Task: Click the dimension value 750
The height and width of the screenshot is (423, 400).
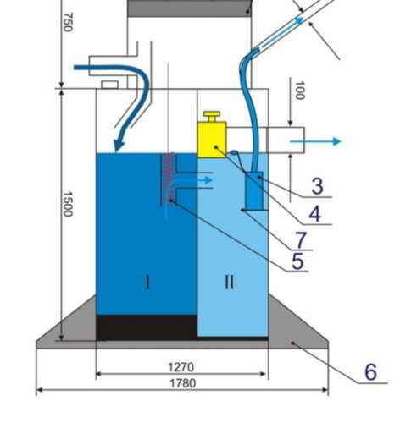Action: pyautogui.click(x=68, y=22)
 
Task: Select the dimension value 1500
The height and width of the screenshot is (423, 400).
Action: pyautogui.click(x=68, y=204)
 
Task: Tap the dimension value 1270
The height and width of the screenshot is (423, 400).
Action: pyautogui.click(x=181, y=367)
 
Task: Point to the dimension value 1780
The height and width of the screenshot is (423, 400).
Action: pyautogui.click(x=182, y=383)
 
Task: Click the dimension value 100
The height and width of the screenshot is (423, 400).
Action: pyautogui.click(x=300, y=91)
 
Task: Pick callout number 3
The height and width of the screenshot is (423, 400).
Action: pyautogui.click(x=318, y=186)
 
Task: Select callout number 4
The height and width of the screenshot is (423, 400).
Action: pyautogui.click(x=315, y=214)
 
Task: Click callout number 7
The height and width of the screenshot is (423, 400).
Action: pyautogui.click(x=301, y=239)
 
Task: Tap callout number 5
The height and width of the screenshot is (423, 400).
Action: pyautogui.click(x=297, y=261)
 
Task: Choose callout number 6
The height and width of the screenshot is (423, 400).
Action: pyautogui.click(x=371, y=371)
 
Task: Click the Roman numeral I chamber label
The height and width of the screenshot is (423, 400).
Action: pyautogui.click(x=147, y=283)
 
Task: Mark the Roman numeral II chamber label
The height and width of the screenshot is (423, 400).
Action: pyautogui.click(x=230, y=282)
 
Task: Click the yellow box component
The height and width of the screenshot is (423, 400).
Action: pyautogui.click(x=212, y=140)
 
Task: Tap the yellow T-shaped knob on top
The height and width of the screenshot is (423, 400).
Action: pyautogui.click(x=212, y=116)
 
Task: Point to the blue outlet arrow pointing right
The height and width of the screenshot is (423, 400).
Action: pyautogui.click(x=316, y=141)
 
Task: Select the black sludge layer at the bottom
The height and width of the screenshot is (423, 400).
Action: pyautogui.click(x=147, y=327)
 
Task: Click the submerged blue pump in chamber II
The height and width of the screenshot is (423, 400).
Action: pyautogui.click(x=254, y=190)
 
